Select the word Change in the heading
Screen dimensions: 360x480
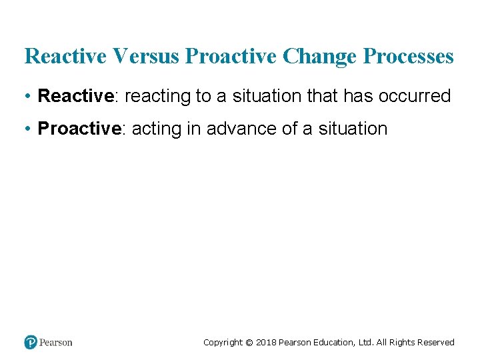pos(320,57)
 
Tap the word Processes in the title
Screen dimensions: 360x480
pos(409,57)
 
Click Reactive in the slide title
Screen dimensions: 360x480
pos(65,57)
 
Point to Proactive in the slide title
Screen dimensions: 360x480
pos(232,57)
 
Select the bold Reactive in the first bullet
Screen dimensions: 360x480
pos(76,96)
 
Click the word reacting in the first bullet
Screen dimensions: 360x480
pos(157,96)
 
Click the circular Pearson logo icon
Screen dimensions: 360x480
pos(31,342)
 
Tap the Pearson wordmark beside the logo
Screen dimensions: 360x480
pos(56,343)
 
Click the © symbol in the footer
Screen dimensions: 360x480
pos(249,343)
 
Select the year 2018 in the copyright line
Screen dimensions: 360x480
pos(265,343)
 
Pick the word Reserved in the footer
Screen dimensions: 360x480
pos(435,343)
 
